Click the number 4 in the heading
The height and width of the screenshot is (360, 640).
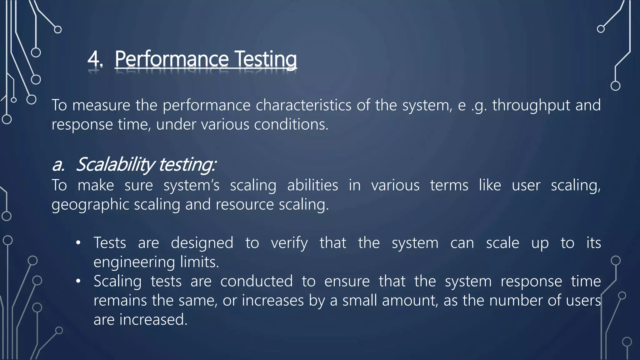pos(94,59)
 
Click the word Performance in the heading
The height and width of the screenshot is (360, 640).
pos(172,59)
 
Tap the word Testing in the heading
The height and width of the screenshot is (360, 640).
pos(265,59)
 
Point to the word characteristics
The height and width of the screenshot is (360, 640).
pos(303,105)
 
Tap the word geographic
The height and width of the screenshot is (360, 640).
pos(90,205)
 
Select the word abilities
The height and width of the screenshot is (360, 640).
pos(312,185)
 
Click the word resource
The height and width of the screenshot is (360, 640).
pos(245,205)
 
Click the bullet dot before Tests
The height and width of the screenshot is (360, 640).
pos(78,243)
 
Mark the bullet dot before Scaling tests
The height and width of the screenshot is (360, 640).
pos(78,281)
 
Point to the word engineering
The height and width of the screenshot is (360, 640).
pos(134,262)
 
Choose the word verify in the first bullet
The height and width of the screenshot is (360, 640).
pos(289,243)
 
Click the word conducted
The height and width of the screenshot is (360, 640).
pos(257,281)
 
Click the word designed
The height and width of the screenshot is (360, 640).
pos(202,243)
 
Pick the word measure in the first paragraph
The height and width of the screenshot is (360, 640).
pos(101,105)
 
